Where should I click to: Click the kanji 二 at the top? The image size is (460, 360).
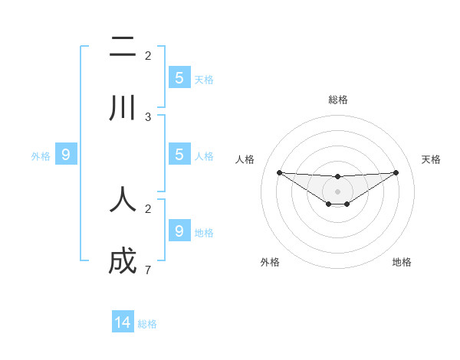coord(123,47)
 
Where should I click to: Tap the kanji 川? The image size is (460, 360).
coord(123,108)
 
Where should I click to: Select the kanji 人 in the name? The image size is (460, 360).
coord(123,199)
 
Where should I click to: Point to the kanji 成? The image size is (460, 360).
coord(123,262)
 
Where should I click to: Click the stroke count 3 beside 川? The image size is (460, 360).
coord(148,116)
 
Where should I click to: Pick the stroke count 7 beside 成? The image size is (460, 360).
coord(148,270)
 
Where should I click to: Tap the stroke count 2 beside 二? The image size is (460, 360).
coord(148,55)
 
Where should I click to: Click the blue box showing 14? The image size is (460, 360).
coord(123,322)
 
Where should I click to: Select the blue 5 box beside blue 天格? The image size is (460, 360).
coord(179,77)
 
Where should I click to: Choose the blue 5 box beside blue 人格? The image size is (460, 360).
coord(179,154)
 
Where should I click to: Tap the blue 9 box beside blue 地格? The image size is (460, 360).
coord(179,231)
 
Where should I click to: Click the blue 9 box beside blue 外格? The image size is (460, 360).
coord(66,155)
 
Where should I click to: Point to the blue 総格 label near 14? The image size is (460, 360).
coord(147,324)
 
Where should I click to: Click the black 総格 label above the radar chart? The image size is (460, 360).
coord(337,100)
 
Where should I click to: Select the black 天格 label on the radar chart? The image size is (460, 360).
coord(432,159)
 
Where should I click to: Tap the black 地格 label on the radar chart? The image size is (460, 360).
coord(402,262)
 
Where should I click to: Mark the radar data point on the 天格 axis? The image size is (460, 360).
coord(396,172)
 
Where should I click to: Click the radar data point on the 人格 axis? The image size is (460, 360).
coord(279,172)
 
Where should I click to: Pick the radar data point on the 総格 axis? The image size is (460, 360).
coord(337,177)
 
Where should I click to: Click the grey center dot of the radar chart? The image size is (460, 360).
coord(337,191)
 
